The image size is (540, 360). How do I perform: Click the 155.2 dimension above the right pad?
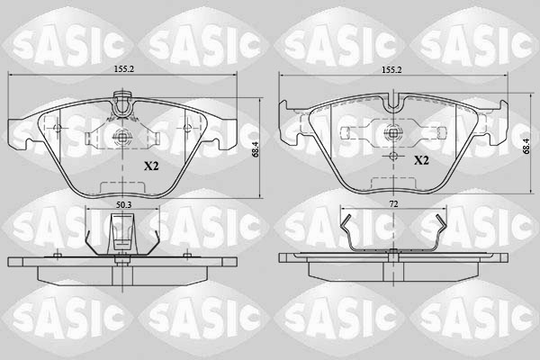click(390, 67)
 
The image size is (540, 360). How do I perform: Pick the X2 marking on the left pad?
click(151, 166)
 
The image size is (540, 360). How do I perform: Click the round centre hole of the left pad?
click(122, 137)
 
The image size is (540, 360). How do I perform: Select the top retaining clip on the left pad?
click(122, 106)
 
